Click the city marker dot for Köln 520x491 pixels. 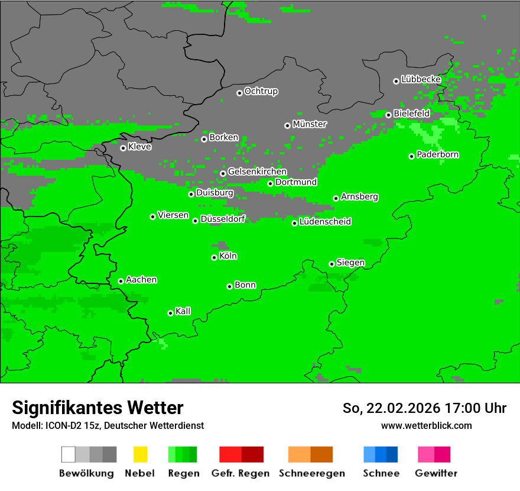point(214,257)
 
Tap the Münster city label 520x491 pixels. point(309,124)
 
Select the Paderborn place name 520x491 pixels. point(437,154)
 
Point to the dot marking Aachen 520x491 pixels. point(121,281)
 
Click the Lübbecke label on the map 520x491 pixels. point(421,79)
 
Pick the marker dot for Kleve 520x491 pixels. point(123,148)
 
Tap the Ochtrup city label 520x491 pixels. point(261,92)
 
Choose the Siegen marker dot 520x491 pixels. point(331,264)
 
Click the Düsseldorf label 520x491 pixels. point(222,219)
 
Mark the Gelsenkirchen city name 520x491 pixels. point(257,172)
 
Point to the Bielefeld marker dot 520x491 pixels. point(388,115)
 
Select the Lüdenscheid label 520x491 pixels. point(325,222)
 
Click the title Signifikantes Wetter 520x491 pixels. point(97,408)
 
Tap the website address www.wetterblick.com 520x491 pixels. point(426,425)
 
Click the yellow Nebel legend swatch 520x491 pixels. point(139,454)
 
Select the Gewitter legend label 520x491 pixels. point(436,473)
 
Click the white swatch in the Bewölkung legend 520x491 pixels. point(69,454)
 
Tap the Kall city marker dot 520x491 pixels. point(170,313)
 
